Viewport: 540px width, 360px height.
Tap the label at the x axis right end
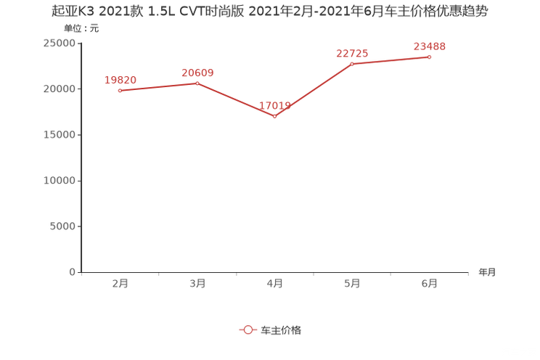tap(487, 273)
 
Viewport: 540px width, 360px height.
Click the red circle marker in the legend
tap(248, 330)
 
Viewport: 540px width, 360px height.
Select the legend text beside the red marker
tap(280, 330)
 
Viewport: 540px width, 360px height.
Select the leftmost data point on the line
tap(120, 90)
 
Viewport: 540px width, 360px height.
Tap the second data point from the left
tap(197, 82)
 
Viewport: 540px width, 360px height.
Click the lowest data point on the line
tap(274, 116)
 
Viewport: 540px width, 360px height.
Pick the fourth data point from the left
tap(352, 64)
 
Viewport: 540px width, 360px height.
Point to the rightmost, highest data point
tap(430, 57)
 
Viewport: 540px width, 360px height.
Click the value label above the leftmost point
tap(120, 79)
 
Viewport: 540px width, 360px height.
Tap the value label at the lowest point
tap(276, 107)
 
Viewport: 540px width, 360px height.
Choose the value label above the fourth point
tap(352, 53)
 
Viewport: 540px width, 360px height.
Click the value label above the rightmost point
tap(430, 46)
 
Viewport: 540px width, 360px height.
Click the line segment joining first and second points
tap(158, 86)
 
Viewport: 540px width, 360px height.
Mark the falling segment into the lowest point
tap(236, 99)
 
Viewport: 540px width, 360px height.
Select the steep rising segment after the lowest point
tap(314, 90)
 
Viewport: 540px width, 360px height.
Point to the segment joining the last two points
tap(390, 60)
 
